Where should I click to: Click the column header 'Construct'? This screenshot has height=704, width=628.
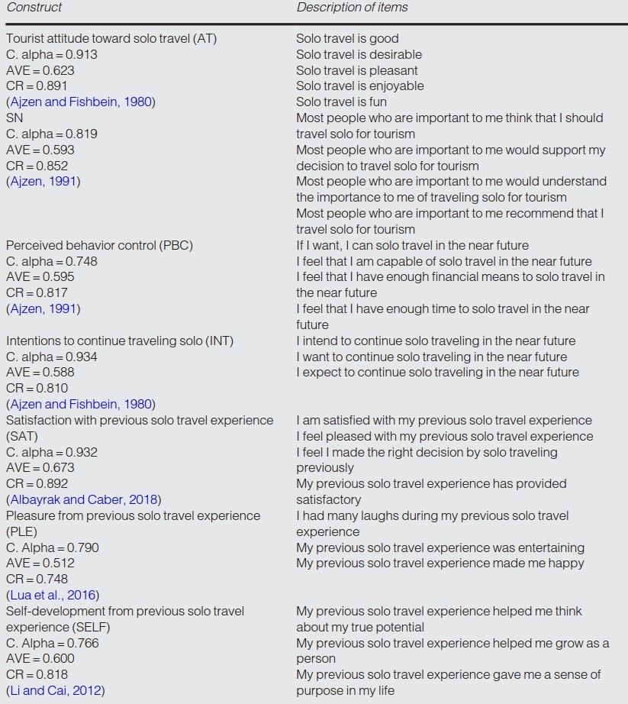tap(34, 8)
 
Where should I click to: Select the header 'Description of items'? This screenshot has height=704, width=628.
tap(352, 8)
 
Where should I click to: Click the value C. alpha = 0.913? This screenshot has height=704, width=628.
tap(52, 55)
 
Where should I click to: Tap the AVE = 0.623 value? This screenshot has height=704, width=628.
tap(40, 70)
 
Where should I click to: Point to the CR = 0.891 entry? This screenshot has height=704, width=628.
tap(37, 86)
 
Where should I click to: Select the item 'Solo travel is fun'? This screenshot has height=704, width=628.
tap(341, 102)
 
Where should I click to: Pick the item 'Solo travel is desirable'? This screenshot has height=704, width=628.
tap(359, 55)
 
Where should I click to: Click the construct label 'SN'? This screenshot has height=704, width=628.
tap(14, 118)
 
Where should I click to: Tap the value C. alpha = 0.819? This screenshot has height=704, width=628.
tap(52, 134)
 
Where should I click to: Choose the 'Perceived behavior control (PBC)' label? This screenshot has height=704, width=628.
tap(99, 246)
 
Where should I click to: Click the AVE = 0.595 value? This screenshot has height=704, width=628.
tap(40, 277)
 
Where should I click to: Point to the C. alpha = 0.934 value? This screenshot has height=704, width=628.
tap(52, 357)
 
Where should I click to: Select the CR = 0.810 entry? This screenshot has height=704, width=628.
tap(37, 389)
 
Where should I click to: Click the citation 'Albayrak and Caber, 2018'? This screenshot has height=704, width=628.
tap(82, 500)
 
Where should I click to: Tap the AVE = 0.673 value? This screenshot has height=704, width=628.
tap(40, 468)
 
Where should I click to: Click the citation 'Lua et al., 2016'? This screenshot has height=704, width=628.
tap(53, 596)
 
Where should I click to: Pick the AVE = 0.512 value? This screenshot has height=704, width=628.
tap(40, 564)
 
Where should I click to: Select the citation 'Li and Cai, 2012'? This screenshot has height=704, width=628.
tap(55, 691)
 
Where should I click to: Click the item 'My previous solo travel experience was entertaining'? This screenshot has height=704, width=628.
tap(440, 547)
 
